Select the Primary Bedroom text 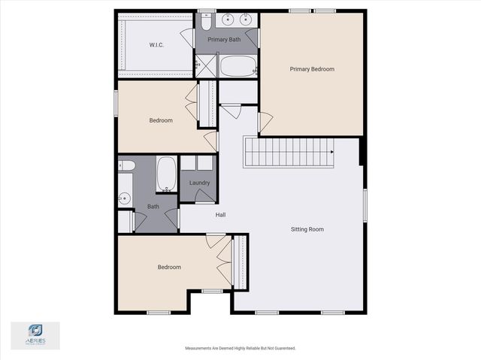click(312, 69)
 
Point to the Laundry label click(199, 183)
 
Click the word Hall click(221, 215)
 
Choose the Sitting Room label click(307, 228)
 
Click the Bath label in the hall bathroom click(153, 207)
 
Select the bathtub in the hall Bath click(166, 174)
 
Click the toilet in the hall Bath click(126, 165)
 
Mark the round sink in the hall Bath click(125, 198)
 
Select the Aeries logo click(35, 334)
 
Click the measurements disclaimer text click(240, 348)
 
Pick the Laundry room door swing click(204, 195)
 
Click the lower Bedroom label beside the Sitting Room click(169, 267)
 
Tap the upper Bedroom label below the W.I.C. click(161, 120)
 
